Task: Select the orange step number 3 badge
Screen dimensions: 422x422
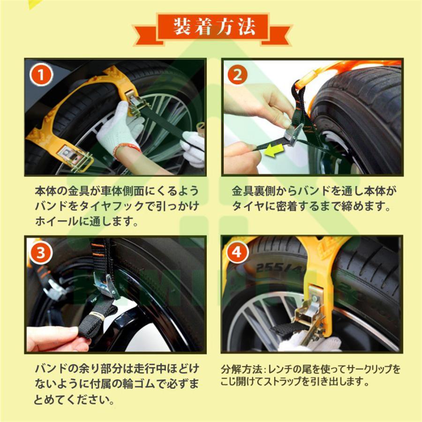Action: pyautogui.click(x=42, y=254)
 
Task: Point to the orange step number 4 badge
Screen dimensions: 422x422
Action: pyautogui.click(x=237, y=254)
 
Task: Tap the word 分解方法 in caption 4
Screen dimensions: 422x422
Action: pyautogui.click(x=238, y=369)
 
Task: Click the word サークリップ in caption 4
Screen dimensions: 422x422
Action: pyautogui.click(x=369, y=369)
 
